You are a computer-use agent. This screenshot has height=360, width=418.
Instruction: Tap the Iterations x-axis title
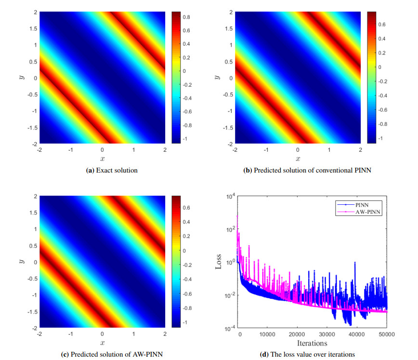click(x=313, y=343)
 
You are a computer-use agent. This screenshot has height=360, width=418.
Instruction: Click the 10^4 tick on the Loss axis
click(x=230, y=196)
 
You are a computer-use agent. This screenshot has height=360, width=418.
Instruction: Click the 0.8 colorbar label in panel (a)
click(x=186, y=17)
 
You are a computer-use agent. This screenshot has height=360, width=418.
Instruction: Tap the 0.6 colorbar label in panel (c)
click(x=186, y=208)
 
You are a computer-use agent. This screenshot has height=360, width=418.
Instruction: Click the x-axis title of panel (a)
click(x=102, y=159)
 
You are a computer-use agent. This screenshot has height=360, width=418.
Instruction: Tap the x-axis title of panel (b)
click(x=298, y=159)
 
